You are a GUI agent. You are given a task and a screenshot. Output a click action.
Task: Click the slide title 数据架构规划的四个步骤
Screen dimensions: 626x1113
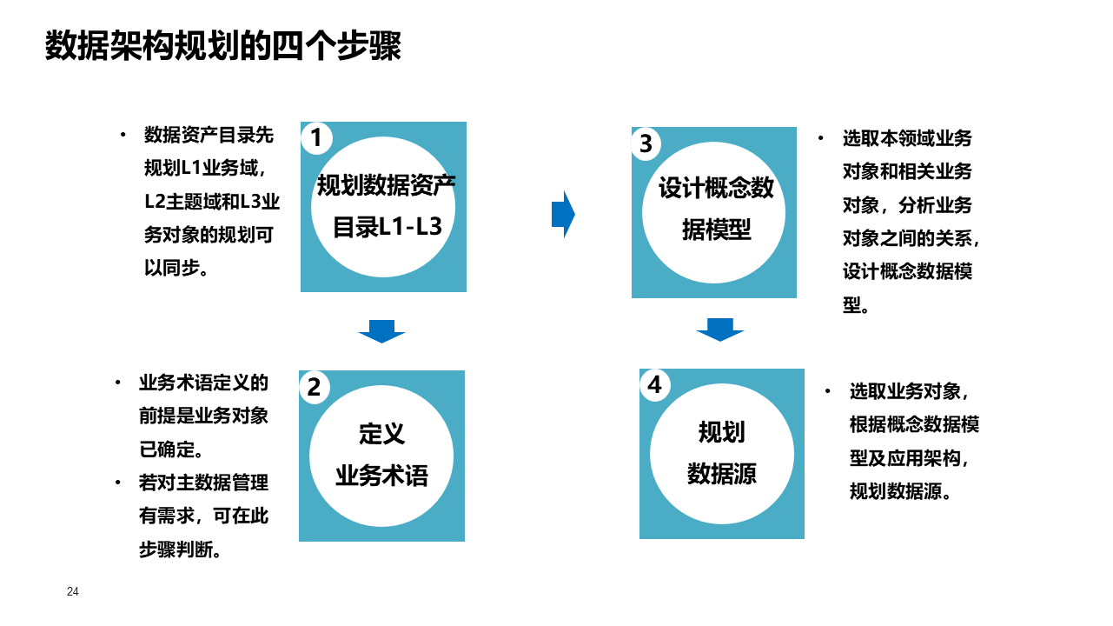coord(222,46)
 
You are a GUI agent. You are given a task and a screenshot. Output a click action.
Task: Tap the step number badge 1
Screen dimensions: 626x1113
coord(316,137)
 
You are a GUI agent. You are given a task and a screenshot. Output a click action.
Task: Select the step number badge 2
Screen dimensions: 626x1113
coord(315,387)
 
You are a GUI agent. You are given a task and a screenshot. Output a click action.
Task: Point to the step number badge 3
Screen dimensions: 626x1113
coord(646,143)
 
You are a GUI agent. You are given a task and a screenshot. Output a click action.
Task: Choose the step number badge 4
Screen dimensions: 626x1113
coord(654,385)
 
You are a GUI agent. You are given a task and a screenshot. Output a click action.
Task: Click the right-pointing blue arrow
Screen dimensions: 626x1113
coord(563,214)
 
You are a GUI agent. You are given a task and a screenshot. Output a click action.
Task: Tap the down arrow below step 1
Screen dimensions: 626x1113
coord(381,331)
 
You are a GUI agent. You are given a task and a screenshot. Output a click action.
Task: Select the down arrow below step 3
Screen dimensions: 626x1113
coord(719,330)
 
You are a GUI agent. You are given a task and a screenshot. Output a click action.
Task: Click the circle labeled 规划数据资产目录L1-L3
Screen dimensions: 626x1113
coord(383,207)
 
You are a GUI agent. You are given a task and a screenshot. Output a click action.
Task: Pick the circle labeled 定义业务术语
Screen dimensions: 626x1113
coord(381,456)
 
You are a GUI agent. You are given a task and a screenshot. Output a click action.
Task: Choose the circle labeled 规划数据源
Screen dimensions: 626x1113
coord(721,454)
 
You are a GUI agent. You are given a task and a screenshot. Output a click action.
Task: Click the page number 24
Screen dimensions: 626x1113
coord(73,592)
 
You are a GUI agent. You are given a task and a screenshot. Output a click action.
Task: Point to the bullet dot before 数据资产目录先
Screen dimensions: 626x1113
coord(123,135)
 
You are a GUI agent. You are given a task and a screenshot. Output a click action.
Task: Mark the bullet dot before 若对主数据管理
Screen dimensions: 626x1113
coord(118,483)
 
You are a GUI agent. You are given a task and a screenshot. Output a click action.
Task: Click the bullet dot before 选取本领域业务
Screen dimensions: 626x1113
coord(820,138)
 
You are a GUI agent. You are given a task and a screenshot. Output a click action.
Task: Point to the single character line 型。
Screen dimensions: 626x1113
coord(855,305)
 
